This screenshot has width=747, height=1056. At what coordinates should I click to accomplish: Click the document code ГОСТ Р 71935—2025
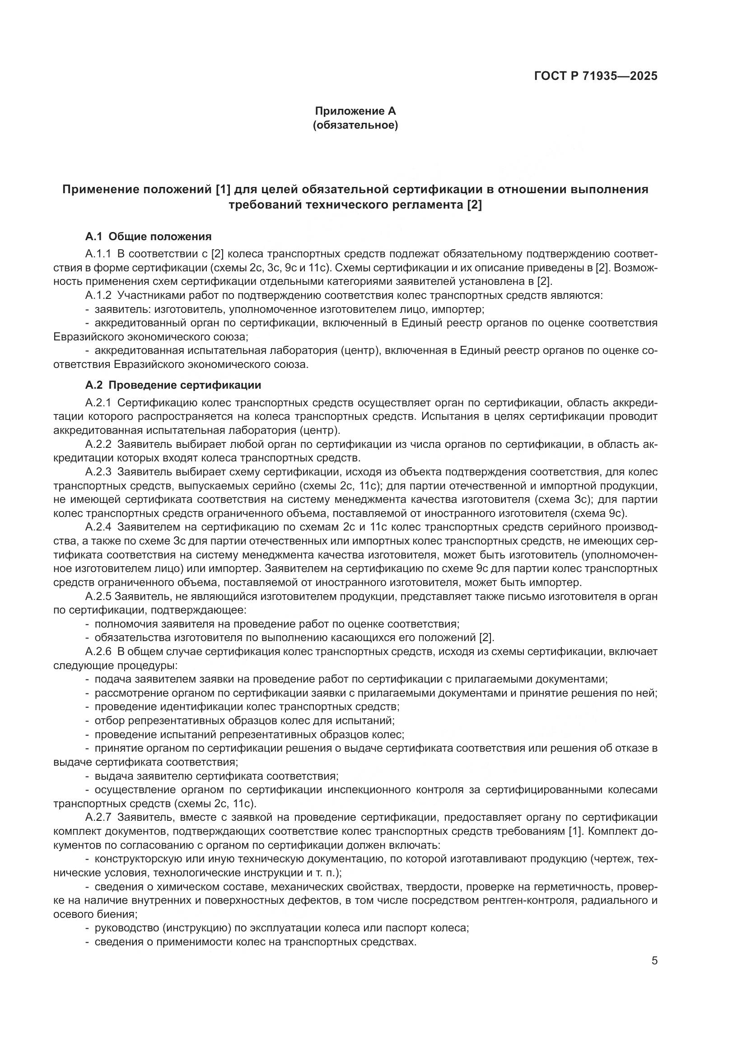point(596,76)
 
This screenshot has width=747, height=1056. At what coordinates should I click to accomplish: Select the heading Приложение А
point(355,111)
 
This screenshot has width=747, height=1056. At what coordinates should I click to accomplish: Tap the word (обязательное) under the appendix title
point(355,125)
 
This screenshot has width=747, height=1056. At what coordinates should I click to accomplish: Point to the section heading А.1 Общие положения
point(148,237)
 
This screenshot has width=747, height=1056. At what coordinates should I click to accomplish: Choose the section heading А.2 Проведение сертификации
point(173,385)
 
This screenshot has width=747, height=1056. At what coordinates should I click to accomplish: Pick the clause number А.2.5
point(98,596)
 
